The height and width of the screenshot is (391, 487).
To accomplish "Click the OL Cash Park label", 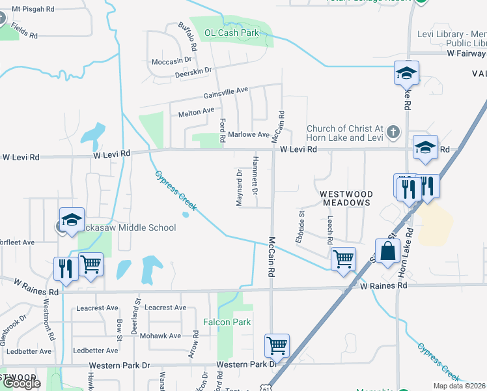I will pyautogui.click(x=232, y=33).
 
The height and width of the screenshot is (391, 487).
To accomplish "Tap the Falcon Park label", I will pyautogui.click(x=227, y=322).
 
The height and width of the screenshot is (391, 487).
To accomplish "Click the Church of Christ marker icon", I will pyautogui.click(x=392, y=132).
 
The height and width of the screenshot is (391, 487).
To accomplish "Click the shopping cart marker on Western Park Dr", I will pyautogui.click(x=277, y=346).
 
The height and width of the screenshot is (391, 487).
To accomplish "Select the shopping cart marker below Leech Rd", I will pyautogui.click(x=343, y=259).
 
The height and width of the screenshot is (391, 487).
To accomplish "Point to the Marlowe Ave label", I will pyautogui.click(x=248, y=135).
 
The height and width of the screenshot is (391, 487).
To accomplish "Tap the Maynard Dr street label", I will pyautogui.click(x=240, y=188).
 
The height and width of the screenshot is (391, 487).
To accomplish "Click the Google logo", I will pyautogui.click(x=21, y=383).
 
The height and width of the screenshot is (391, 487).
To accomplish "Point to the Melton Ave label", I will pyautogui.click(x=196, y=112).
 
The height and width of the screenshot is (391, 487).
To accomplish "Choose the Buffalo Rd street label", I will pyautogui.click(x=188, y=36).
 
